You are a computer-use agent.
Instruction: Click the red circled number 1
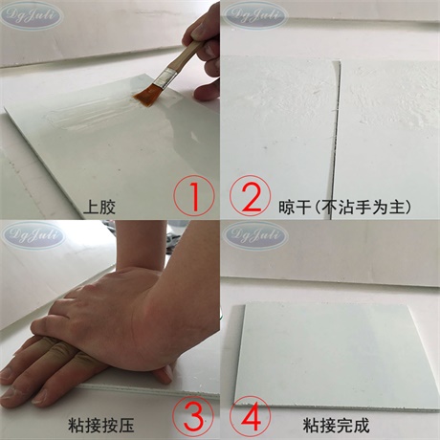point(194,195)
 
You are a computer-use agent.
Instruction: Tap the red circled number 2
point(250,195)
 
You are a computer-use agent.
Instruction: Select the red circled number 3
point(193,416)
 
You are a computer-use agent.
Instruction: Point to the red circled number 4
point(250,416)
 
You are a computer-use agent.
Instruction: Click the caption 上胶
point(99,207)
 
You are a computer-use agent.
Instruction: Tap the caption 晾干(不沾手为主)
point(344,207)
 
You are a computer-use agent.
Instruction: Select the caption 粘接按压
point(100,426)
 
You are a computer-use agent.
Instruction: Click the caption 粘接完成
point(336,426)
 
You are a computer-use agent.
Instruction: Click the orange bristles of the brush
point(146,94)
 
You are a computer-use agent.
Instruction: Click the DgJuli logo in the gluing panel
point(31,15)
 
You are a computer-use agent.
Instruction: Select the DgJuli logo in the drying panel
point(254,14)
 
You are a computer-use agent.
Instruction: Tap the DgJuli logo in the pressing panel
point(32,235)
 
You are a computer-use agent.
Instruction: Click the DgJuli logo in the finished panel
point(255,236)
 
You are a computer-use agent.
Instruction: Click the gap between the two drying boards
point(335,137)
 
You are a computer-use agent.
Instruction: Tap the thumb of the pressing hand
point(163,374)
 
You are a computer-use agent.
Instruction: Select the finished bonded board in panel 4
point(338,357)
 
